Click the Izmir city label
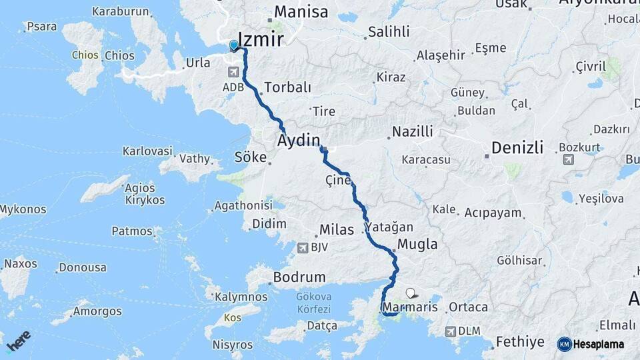coord(261,38)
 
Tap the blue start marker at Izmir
coord(233,45)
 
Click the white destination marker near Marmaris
coord(410,292)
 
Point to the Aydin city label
coord(299,140)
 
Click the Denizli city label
coord(517,147)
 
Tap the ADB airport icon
coord(234,72)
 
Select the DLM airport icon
coord(452,331)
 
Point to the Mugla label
coord(417,244)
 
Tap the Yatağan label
coord(391,227)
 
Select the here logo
coord(18,341)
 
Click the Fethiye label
coord(519,343)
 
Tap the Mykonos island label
coord(23,209)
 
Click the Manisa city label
coord(301,12)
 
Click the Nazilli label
coord(413,131)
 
